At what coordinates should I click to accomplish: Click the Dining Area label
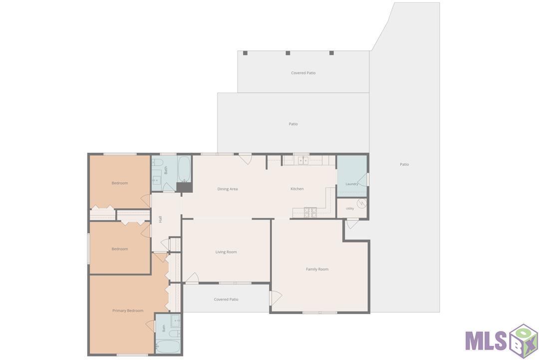(227, 189)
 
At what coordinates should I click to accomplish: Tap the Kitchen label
(297, 189)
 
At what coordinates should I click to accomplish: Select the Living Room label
(226, 252)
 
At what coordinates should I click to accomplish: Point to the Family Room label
(317, 269)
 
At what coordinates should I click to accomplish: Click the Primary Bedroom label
(128, 311)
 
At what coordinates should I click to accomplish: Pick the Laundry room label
(352, 184)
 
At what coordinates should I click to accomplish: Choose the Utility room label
(350, 208)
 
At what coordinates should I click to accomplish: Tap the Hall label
(160, 219)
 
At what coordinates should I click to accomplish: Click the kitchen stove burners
(310, 213)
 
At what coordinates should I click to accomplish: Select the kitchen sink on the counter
(303, 160)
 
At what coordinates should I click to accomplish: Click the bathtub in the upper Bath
(184, 169)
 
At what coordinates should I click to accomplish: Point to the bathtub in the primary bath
(168, 346)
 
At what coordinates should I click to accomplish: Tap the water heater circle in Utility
(361, 204)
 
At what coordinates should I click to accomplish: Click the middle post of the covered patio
(288, 53)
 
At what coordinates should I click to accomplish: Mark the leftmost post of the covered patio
(245, 53)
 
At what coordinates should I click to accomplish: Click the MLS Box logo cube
(524, 341)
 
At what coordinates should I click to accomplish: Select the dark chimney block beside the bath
(184, 187)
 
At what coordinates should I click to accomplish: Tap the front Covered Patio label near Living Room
(226, 300)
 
